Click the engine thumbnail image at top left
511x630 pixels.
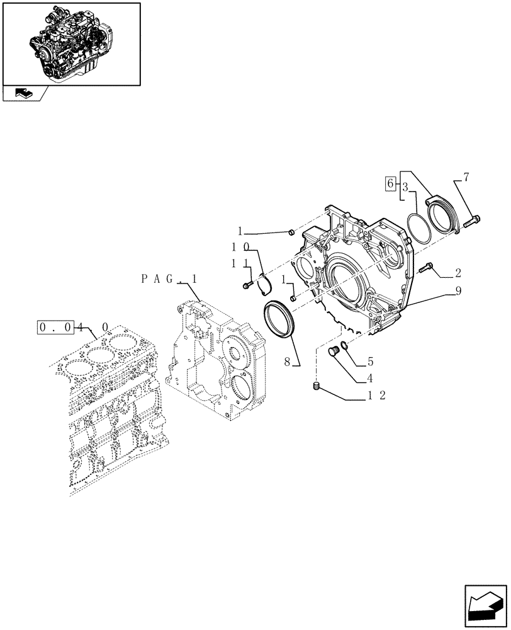[71, 42]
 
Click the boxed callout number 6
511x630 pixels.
[390, 184]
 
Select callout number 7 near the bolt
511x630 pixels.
[466, 178]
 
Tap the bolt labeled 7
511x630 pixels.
[473, 220]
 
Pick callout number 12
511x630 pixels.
[378, 396]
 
